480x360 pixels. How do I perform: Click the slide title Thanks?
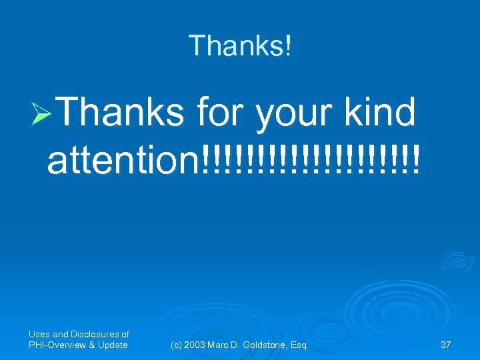pos(240,45)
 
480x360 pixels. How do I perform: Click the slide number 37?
pos(446,345)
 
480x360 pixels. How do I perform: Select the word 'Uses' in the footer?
pos(39,334)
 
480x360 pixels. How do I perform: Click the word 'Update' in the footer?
pos(111,345)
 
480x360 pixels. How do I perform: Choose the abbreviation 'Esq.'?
pos(299,345)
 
